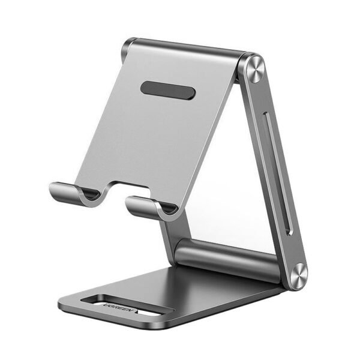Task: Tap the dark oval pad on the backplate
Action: tap(168, 89)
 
